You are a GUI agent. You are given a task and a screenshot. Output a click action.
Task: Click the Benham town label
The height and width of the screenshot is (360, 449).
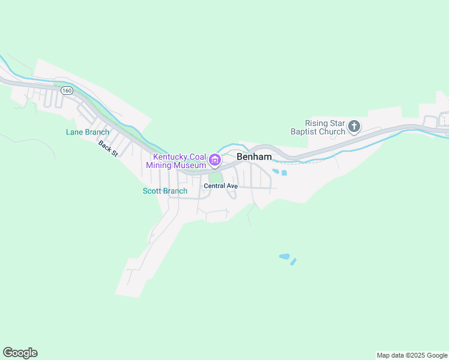pyautogui.click(x=254, y=157)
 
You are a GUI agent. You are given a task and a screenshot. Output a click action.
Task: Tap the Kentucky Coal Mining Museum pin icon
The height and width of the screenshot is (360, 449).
pyautogui.click(x=214, y=161)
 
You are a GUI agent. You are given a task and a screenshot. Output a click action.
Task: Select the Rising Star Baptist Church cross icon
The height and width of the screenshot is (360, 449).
pyautogui.click(x=354, y=126)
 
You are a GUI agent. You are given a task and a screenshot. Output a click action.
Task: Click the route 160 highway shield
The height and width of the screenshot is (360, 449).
pyautogui.click(x=66, y=91)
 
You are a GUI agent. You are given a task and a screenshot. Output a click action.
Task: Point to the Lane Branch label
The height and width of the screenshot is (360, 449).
pyautogui.click(x=88, y=132)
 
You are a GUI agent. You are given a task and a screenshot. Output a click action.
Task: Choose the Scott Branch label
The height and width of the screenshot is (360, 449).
pyautogui.click(x=165, y=191)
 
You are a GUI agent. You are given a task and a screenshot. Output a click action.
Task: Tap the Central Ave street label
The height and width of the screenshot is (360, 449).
pyautogui.click(x=221, y=186)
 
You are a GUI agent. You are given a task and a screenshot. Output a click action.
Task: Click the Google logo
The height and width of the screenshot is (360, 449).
pyautogui.click(x=20, y=353)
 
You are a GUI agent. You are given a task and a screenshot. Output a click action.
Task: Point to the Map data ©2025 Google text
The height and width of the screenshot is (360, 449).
pyautogui.click(x=412, y=355)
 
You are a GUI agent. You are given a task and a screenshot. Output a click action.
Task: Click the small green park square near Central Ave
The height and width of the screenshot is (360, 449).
pyautogui.click(x=215, y=178)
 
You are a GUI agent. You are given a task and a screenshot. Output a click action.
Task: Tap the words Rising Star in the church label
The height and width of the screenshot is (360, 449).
pyautogui.click(x=325, y=122)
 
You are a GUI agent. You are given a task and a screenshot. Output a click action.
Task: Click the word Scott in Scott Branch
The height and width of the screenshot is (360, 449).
pyautogui.click(x=152, y=191)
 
